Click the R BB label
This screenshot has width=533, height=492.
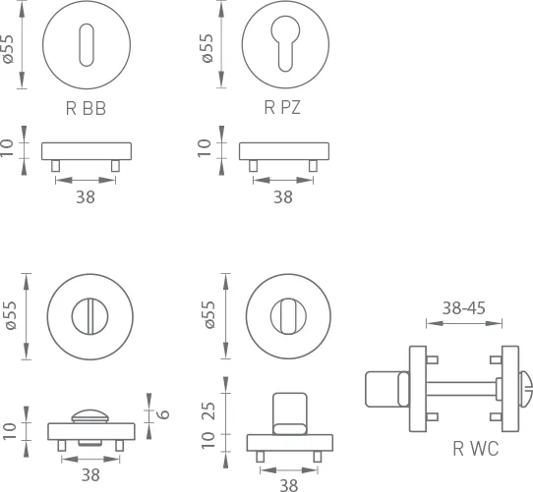coord(86,109)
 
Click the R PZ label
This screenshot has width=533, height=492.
coord(282,108)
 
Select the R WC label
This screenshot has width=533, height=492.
coord(476,448)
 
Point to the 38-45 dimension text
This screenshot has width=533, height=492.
coord(463,308)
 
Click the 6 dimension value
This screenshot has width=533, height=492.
coord(164,413)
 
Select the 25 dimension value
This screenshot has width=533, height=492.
coord(208,410)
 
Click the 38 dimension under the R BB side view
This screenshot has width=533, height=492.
coord(86,197)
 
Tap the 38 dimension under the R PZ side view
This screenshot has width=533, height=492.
coord(283,197)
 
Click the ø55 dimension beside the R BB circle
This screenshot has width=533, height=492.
coord(8,49)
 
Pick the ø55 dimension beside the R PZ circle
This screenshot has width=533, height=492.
coord(207,48)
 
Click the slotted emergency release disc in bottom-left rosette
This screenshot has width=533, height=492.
coord(90,316)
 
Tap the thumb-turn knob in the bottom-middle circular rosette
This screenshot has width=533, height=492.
coord(288,316)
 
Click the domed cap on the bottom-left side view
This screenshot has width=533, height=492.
coord(90,416)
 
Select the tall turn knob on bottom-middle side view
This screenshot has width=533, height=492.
coord(290,413)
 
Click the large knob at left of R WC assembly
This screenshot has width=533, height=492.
coord(383,389)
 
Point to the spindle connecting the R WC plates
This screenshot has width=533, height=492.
coord(461,389)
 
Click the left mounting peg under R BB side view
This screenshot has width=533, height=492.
coord(56,166)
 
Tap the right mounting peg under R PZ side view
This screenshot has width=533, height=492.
coord(313,166)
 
